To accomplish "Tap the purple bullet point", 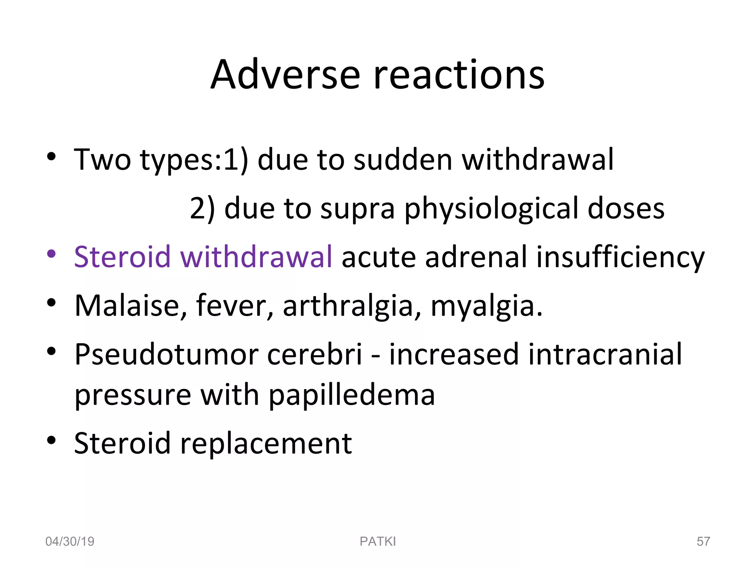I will (51, 254).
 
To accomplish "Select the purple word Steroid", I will (122, 257).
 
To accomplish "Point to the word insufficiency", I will (620, 257).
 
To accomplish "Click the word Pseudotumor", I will (166, 354).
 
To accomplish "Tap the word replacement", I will (266, 443).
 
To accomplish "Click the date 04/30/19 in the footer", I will (70, 542).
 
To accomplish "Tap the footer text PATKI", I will (378, 542).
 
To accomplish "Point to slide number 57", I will (703, 542).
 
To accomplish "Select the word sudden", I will (403, 160).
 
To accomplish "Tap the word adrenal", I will (476, 257).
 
